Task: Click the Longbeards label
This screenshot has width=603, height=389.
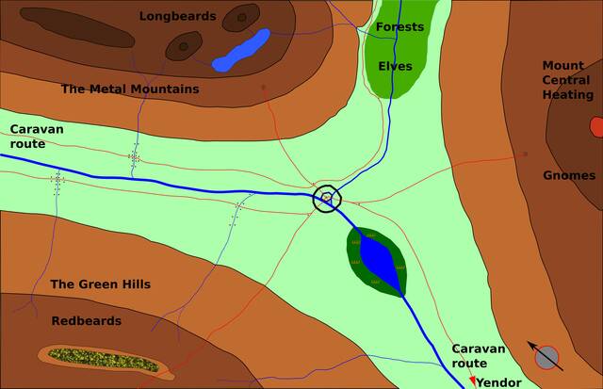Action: coord(177,16)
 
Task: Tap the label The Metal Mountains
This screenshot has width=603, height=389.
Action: coord(130,89)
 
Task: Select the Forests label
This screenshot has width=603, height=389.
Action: coord(399,26)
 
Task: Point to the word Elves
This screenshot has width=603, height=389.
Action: coord(395,66)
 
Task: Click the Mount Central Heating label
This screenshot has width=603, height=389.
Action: coord(567,80)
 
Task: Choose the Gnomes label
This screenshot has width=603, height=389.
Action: coord(569,175)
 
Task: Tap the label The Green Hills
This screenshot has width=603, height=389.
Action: coord(100,284)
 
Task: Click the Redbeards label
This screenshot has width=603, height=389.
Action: coord(87,321)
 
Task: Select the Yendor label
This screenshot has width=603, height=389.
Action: coord(499,382)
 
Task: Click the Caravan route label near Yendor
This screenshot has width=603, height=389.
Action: coord(479,356)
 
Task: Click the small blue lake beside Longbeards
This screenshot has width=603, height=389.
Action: coord(241,50)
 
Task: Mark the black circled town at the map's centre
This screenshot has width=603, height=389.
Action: coord(326,198)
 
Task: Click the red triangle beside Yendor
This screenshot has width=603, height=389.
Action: coord(472,381)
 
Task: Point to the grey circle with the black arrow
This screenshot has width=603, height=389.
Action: coord(546,357)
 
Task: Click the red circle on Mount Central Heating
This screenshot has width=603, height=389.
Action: coord(596,125)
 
